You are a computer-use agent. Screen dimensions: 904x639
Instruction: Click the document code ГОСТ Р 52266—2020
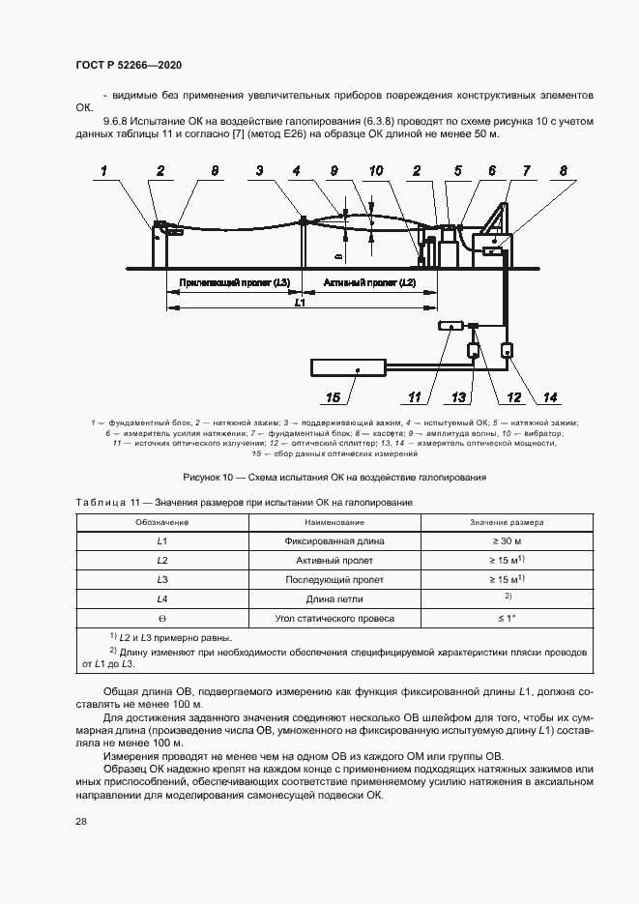point(129,65)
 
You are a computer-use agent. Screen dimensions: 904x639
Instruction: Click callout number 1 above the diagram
point(104,170)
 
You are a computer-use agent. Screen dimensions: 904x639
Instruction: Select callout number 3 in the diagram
point(259,170)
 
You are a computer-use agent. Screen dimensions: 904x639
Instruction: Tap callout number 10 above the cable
point(375,170)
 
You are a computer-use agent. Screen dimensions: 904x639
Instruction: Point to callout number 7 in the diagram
point(527,170)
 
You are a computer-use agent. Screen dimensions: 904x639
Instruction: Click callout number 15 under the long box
point(333,397)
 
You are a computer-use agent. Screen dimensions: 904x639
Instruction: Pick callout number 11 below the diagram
point(414,397)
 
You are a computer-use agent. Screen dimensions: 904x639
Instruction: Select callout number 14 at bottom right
point(550,397)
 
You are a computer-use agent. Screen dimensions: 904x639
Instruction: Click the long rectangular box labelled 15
point(349,367)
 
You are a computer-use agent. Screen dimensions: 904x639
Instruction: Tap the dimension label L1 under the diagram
point(300,304)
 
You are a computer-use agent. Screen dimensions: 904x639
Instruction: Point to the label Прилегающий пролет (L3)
point(235,282)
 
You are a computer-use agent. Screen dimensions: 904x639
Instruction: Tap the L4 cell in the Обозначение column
point(162,599)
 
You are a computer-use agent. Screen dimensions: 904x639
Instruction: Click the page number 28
point(80,820)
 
